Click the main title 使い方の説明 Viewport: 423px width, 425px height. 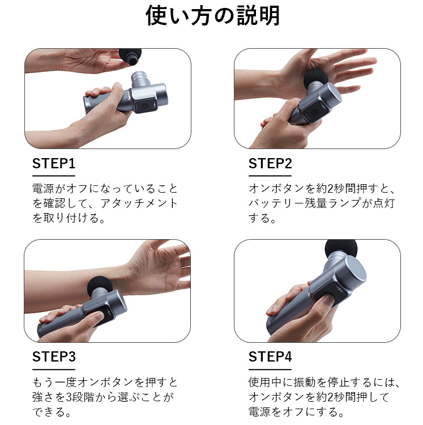(212, 15)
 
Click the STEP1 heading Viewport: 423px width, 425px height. (54, 163)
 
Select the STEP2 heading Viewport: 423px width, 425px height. (270, 163)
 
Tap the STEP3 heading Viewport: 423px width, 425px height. (54, 356)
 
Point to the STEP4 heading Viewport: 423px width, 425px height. (270, 356)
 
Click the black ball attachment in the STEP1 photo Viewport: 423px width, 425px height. (131, 56)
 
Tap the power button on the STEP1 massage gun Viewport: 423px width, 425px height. (144, 107)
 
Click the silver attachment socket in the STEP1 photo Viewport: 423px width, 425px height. (140, 79)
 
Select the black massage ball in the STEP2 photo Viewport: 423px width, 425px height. (315, 78)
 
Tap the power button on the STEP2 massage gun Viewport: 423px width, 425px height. (314, 112)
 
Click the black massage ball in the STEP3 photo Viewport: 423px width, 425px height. (100, 286)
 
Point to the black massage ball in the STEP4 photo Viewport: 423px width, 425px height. (341, 249)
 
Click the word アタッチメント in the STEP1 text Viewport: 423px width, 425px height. (139, 203)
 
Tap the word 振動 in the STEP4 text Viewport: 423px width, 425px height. (305, 382)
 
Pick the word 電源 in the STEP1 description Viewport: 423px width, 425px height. (44, 189)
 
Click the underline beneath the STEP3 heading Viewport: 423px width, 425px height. (54, 369)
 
